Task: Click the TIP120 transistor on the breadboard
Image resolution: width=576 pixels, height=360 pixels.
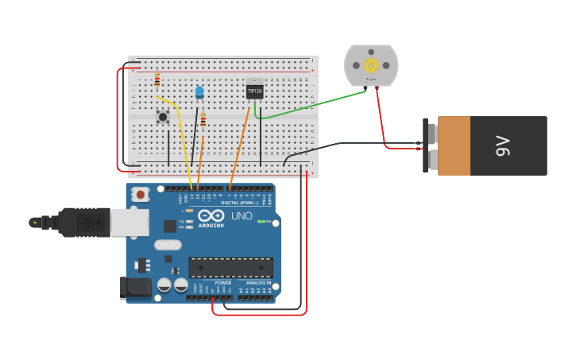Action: [x=254, y=91]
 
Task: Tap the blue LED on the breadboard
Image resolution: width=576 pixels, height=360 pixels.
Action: [x=199, y=92]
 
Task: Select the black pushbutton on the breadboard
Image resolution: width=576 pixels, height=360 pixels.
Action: [x=163, y=117]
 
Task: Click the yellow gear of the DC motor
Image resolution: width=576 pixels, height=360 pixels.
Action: [x=371, y=65]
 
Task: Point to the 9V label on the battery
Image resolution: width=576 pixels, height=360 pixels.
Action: [x=502, y=145]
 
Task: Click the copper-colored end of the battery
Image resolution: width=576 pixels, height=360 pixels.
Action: [x=454, y=145]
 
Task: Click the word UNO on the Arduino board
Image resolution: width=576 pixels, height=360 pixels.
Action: [x=242, y=216]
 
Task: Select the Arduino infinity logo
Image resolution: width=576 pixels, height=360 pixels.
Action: [x=211, y=215]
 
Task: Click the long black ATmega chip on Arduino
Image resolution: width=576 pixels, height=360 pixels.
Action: [x=230, y=267]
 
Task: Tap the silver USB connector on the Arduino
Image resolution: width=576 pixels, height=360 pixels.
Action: [x=130, y=223]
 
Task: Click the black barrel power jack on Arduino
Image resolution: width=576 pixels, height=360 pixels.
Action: [x=134, y=287]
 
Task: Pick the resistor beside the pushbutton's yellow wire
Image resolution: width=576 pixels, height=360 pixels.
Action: [x=157, y=79]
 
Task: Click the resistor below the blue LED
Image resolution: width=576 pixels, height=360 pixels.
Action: [x=203, y=120]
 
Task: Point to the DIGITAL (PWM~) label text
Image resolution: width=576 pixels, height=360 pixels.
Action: [x=239, y=203]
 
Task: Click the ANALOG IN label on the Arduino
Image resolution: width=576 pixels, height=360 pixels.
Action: [x=258, y=283]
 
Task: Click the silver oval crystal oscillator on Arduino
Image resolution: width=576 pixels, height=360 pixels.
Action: [x=168, y=245]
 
